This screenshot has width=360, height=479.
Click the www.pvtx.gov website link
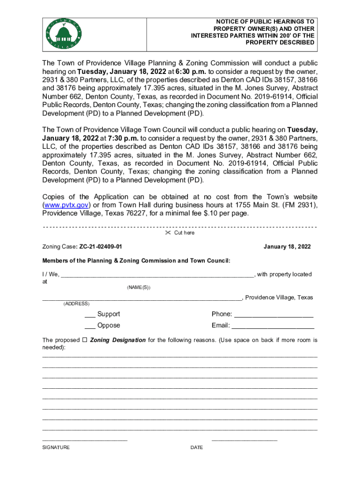[64, 205]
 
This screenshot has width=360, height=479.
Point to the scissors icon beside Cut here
[168, 233]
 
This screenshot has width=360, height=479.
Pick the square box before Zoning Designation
[85, 340]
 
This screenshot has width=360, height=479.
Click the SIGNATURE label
[56, 448]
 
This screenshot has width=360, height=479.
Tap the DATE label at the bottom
[197, 448]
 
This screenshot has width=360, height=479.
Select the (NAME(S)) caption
[139, 287]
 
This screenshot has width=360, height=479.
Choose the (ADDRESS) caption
[76, 304]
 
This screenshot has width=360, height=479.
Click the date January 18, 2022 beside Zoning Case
[287, 247]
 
